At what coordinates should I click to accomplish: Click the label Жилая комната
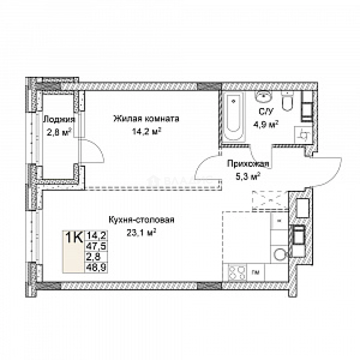point(146,119)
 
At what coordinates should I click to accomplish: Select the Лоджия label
point(59,119)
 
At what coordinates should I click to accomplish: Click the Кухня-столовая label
point(141,220)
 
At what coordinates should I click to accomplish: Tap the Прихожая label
point(248,164)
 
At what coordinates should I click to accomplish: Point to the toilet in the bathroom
point(287,101)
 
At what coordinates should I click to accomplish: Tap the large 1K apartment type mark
point(74,238)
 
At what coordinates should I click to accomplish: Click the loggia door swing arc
point(95,152)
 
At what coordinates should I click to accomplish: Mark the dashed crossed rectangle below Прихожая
point(270,200)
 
